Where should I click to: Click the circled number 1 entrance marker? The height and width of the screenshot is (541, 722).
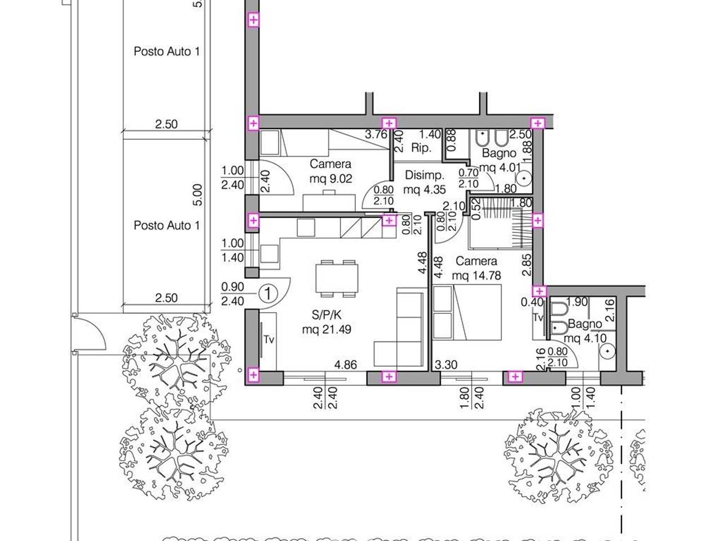click(268, 294)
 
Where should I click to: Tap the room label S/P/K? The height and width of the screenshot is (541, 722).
click(326, 315)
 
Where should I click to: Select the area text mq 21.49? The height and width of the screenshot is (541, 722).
click(326, 330)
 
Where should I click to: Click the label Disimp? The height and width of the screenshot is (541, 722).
click(424, 175)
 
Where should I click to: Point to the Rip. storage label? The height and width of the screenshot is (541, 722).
click(421, 148)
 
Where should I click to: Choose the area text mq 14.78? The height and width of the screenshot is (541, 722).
click(476, 275)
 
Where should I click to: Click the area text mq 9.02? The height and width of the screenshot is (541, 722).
click(331, 179)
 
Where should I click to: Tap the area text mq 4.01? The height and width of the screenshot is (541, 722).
click(500, 167)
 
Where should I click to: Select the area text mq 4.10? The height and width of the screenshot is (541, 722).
click(585, 338)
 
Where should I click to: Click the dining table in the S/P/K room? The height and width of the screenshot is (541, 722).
click(337, 278)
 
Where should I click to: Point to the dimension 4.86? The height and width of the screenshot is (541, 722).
click(345, 365)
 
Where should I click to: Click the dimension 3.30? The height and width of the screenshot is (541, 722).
click(446, 365)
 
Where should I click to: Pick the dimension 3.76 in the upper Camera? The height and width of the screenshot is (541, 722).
click(376, 134)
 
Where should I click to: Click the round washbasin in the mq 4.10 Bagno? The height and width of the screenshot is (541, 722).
click(607, 352)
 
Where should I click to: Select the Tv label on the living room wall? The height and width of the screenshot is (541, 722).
click(268, 340)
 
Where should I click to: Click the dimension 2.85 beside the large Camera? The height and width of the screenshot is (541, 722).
click(527, 265)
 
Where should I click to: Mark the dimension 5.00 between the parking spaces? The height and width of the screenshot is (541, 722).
click(197, 195)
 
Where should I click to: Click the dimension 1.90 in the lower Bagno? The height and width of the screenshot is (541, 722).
click(577, 302)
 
